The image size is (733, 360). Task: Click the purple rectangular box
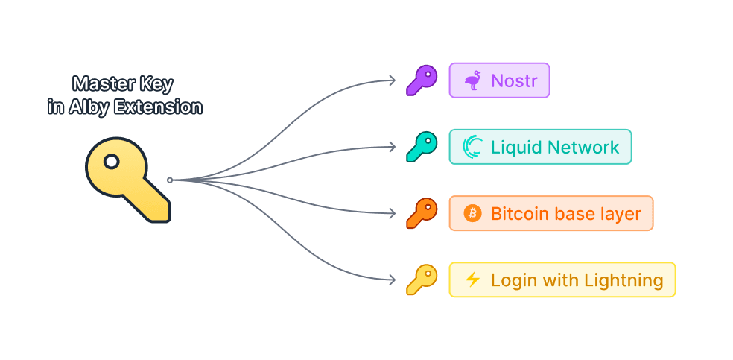coord(499,80)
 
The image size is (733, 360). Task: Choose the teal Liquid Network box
coord(540,147)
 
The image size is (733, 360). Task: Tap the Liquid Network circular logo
coord(472,147)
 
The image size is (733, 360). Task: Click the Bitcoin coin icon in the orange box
coord(472,214)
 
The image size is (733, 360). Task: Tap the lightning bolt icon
coord(472,280)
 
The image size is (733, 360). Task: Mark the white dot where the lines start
coord(170,180)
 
